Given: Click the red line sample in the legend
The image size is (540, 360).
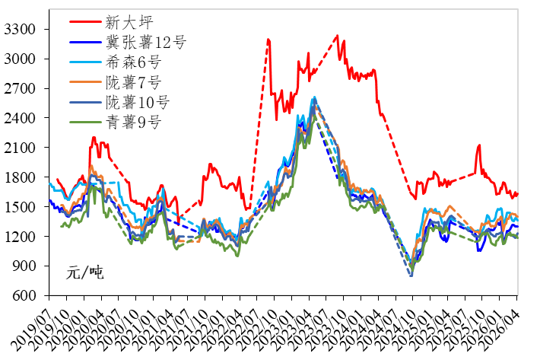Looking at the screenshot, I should pos(84,23).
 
